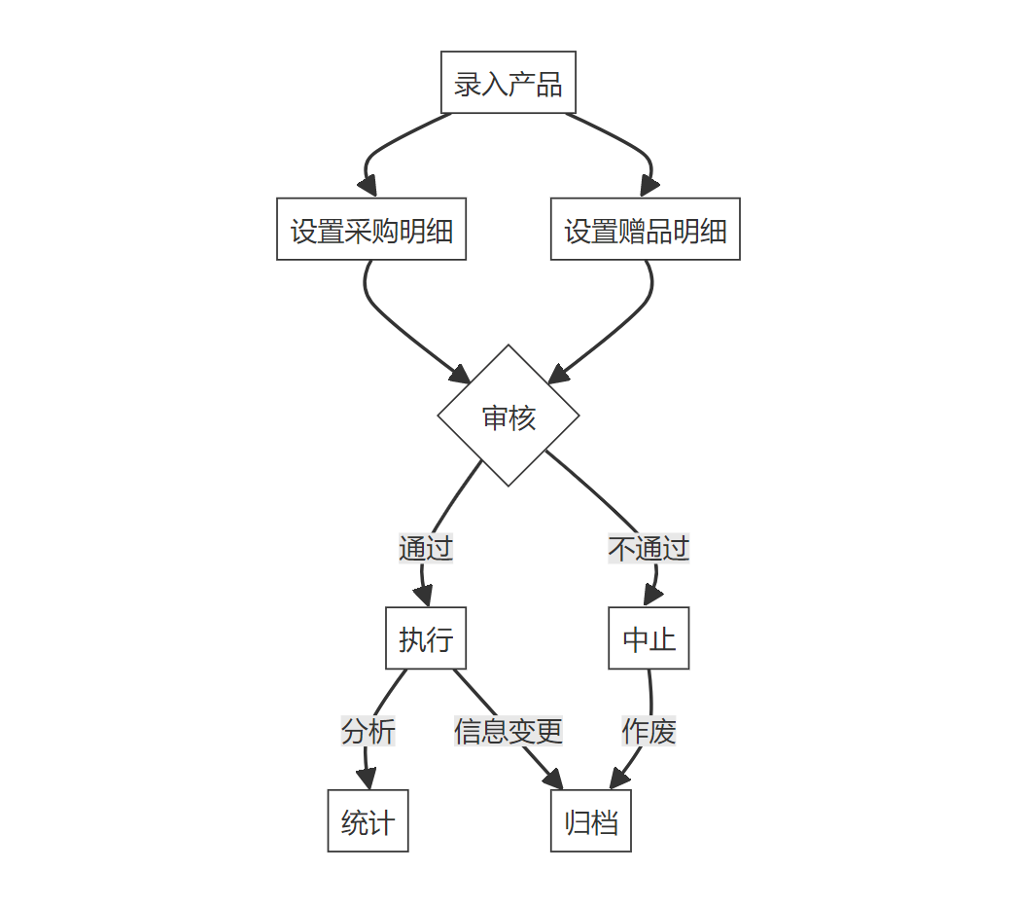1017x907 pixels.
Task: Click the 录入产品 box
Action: tap(508, 83)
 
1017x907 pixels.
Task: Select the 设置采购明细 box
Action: tap(371, 230)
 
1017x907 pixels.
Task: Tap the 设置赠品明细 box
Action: tap(645, 230)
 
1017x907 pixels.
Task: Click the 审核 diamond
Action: tap(508, 417)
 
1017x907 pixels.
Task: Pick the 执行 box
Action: tap(426, 638)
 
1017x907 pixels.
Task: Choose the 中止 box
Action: tap(649, 638)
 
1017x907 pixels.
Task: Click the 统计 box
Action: tap(368, 821)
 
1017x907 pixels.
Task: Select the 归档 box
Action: tap(591, 821)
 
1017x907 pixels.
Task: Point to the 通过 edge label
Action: tap(426, 548)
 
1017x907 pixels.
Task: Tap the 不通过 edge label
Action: tap(649, 548)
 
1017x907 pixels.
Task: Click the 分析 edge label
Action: tap(368, 730)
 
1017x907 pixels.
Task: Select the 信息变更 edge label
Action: tap(508, 730)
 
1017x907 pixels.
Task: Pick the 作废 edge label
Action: tap(649, 730)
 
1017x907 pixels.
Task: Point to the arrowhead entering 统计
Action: tap(367, 780)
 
